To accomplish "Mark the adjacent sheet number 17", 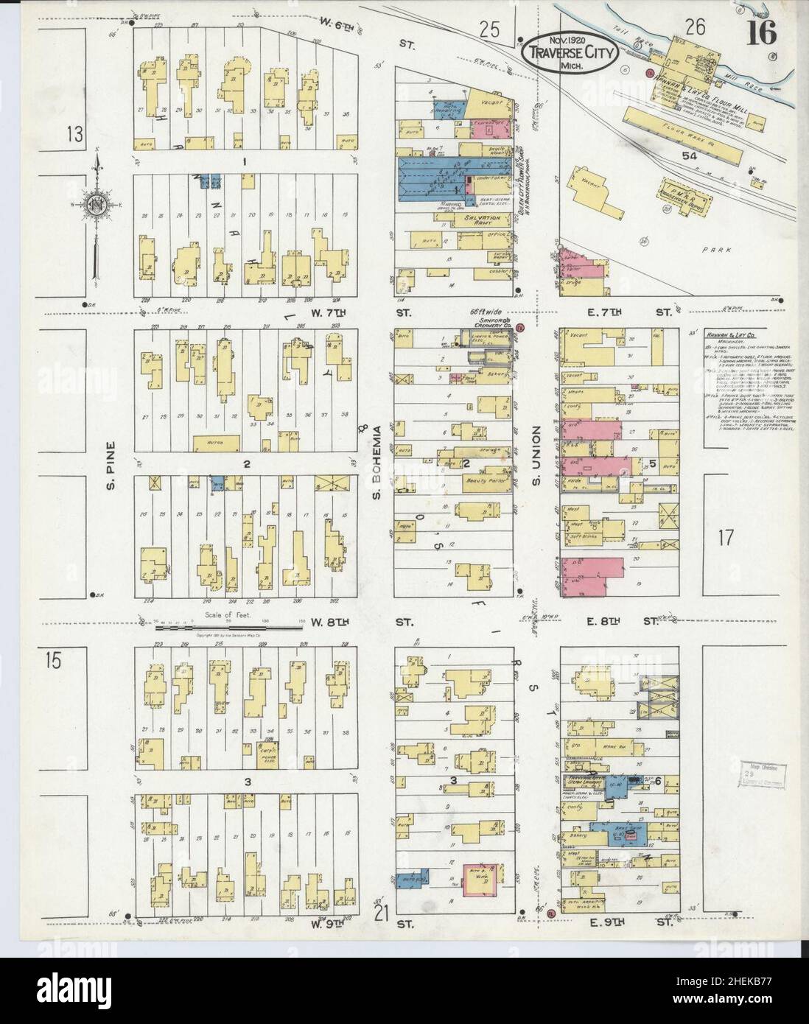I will tap(726, 537).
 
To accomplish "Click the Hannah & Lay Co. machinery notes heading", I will tap(734, 333).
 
